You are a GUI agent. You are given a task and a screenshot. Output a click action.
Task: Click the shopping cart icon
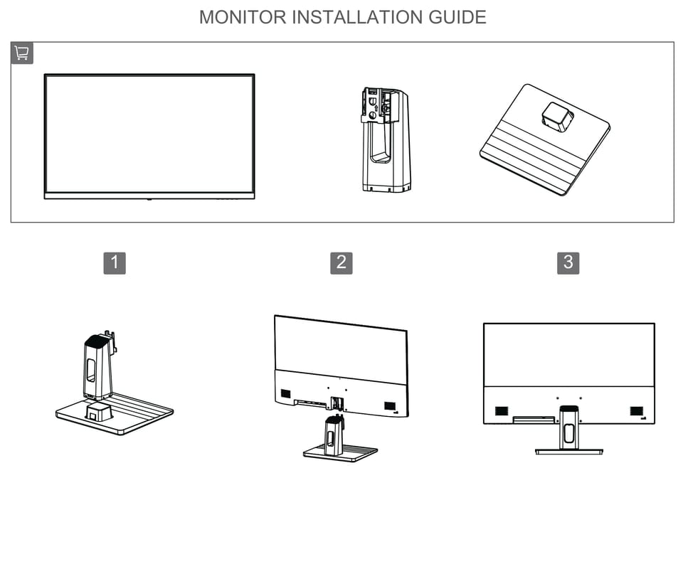pos(21,53)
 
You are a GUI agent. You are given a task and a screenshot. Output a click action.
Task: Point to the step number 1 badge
pos(115,263)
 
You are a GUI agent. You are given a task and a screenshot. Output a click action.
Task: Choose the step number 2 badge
pos(341,263)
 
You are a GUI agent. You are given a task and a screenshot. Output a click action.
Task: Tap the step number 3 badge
pos(568,263)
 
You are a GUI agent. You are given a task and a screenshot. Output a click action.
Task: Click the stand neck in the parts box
pos(384,149)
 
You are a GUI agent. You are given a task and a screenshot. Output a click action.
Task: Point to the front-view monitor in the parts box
pos(149,135)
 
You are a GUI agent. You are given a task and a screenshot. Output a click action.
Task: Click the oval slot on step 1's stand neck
pos(91,371)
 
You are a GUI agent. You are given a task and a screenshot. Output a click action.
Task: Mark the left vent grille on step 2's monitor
pos(286,393)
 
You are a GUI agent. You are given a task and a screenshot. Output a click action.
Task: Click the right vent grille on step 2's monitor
pos(390,405)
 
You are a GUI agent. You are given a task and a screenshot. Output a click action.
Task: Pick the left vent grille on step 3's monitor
pos(502,411)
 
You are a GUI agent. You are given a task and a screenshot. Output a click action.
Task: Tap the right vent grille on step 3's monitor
pos(636,411)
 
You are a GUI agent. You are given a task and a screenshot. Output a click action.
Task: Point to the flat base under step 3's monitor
pos(568,451)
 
